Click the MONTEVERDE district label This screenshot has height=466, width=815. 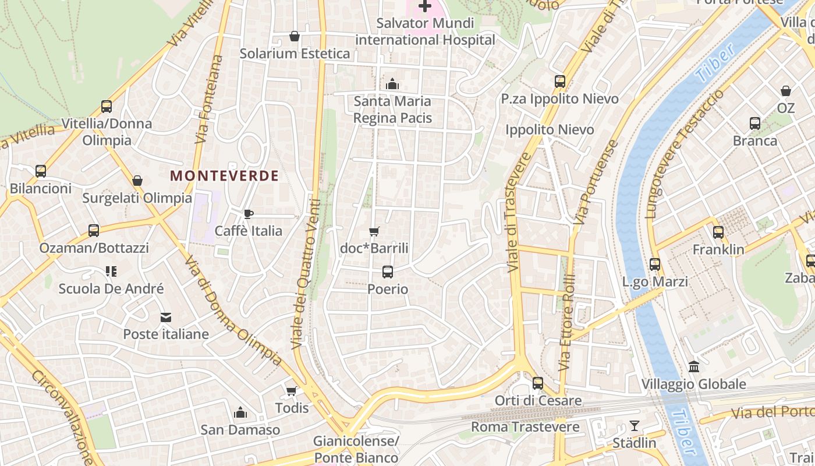(224, 175)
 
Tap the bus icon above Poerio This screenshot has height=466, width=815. (388, 271)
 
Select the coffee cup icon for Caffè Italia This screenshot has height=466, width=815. (249, 214)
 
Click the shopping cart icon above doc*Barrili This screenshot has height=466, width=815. (374, 231)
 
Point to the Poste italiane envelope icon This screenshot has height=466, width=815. (166, 317)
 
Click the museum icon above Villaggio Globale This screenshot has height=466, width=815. (694, 367)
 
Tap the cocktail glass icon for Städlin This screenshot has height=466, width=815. (635, 426)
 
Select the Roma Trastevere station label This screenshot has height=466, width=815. (525, 427)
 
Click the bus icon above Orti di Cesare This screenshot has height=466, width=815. (538, 383)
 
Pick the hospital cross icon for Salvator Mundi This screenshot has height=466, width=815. (425, 6)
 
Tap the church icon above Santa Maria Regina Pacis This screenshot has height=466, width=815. (392, 84)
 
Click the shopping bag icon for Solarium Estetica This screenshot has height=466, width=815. (295, 37)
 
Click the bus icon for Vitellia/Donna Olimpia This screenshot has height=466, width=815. (107, 107)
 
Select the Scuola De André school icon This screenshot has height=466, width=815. (111, 271)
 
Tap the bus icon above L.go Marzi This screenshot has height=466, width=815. (655, 264)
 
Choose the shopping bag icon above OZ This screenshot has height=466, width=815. (786, 91)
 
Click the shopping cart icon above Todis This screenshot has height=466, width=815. (291, 390)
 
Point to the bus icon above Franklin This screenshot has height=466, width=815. (718, 232)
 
